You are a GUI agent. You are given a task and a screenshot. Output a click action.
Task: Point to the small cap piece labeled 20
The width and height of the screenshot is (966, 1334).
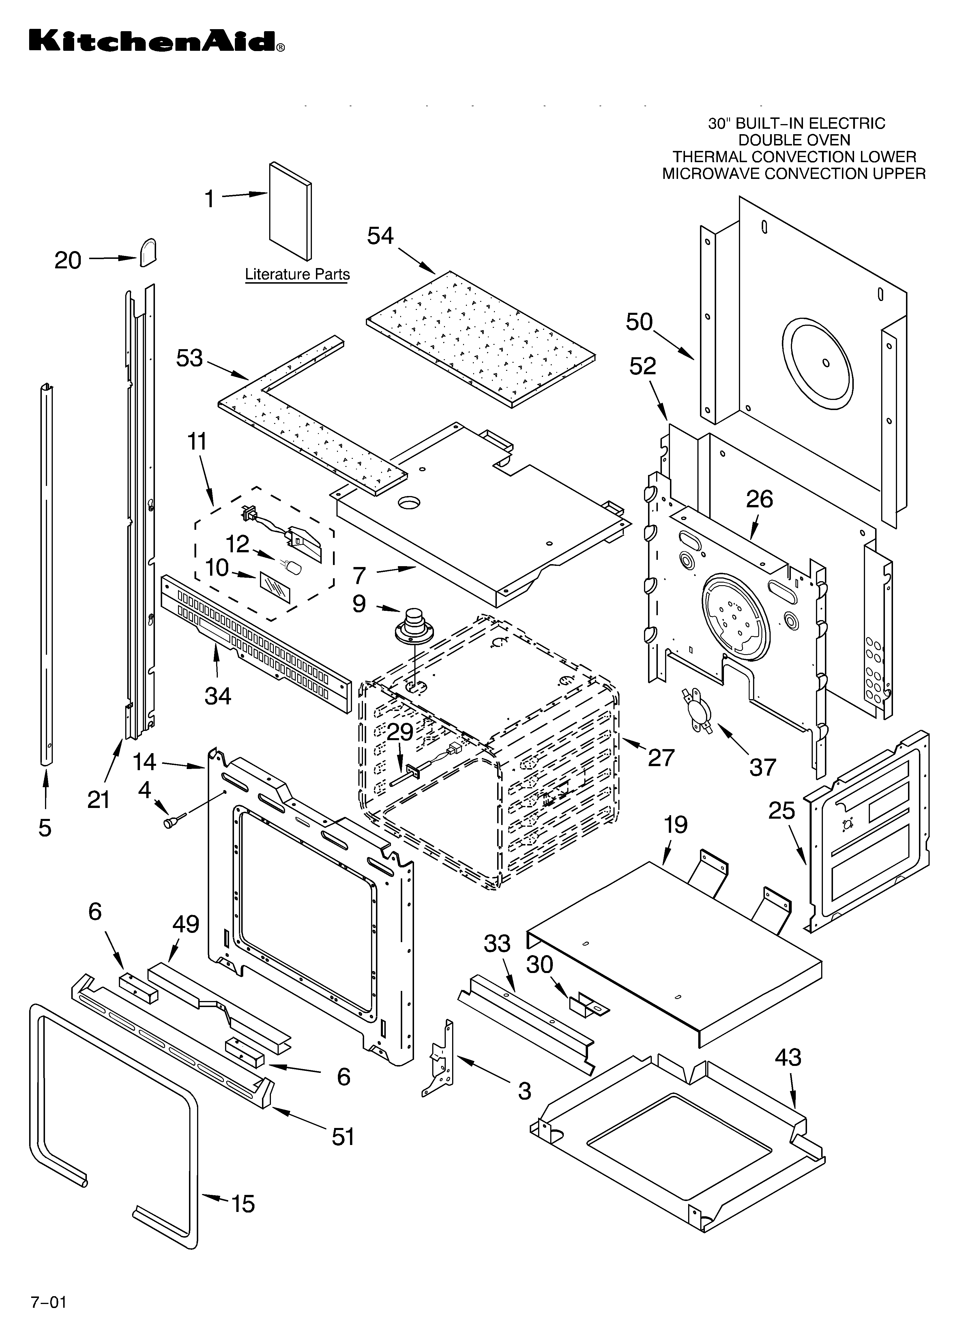(148, 253)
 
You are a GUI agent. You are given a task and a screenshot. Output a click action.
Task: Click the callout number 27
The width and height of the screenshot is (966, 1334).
(661, 757)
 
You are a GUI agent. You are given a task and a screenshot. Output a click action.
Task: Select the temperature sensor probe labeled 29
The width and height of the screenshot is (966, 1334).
(406, 782)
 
